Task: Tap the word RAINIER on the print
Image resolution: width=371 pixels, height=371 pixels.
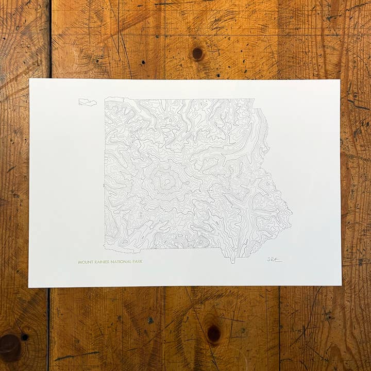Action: [100, 262]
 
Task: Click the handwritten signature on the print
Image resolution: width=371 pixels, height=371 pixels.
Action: [274, 259]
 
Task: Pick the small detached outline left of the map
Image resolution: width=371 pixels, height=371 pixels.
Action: [88, 102]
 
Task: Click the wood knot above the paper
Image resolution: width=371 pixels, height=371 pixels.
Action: [197, 53]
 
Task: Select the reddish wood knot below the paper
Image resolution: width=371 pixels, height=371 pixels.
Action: [213, 333]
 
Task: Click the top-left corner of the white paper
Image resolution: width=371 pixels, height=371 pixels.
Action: [30, 79]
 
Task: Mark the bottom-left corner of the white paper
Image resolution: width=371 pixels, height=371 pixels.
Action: [29, 287]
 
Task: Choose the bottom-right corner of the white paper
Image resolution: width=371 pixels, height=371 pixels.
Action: [341, 284]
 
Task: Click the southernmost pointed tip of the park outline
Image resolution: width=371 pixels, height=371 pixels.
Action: [232, 262]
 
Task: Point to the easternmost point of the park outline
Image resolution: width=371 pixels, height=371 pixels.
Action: [292, 212]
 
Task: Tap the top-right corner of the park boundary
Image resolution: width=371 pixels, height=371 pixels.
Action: [255, 99]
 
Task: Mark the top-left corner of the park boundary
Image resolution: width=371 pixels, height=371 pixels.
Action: [105, 98]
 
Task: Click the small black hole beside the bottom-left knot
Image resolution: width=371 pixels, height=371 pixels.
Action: [24, 337]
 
